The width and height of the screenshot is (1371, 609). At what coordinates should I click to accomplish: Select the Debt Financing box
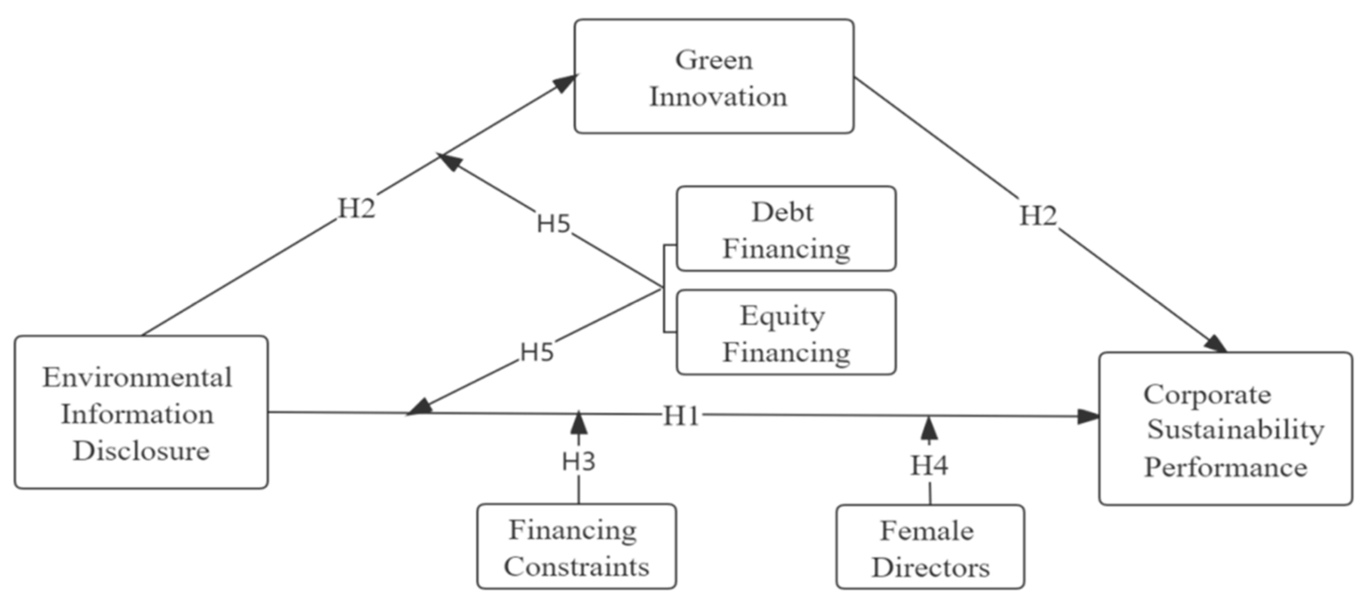[x=785, y=229]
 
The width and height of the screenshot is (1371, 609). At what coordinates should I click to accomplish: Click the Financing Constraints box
[x=576, y=547]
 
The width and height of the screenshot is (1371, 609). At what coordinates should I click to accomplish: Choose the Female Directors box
[x=930, y=548]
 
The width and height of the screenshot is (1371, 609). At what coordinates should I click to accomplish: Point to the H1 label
[x=681, y=416]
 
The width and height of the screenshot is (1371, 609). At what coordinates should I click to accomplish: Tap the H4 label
[x=929, y=465]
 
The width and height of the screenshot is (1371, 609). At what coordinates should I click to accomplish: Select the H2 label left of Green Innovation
[x=357, y=208]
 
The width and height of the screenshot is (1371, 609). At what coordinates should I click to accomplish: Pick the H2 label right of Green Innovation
[x=1038, y=216]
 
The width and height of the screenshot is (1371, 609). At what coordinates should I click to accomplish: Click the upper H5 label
[x=553, y=223]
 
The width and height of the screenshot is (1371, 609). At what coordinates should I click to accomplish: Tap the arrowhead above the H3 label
[x=579, y=423]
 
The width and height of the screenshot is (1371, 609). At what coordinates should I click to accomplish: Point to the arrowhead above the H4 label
[x=929, y=428]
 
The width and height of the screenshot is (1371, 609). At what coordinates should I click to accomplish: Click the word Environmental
[x=137, y=378]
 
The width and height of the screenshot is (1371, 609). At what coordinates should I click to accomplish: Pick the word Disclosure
[x=141, y=451]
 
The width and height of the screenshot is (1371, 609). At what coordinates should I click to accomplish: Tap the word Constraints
[x=576, y=566]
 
